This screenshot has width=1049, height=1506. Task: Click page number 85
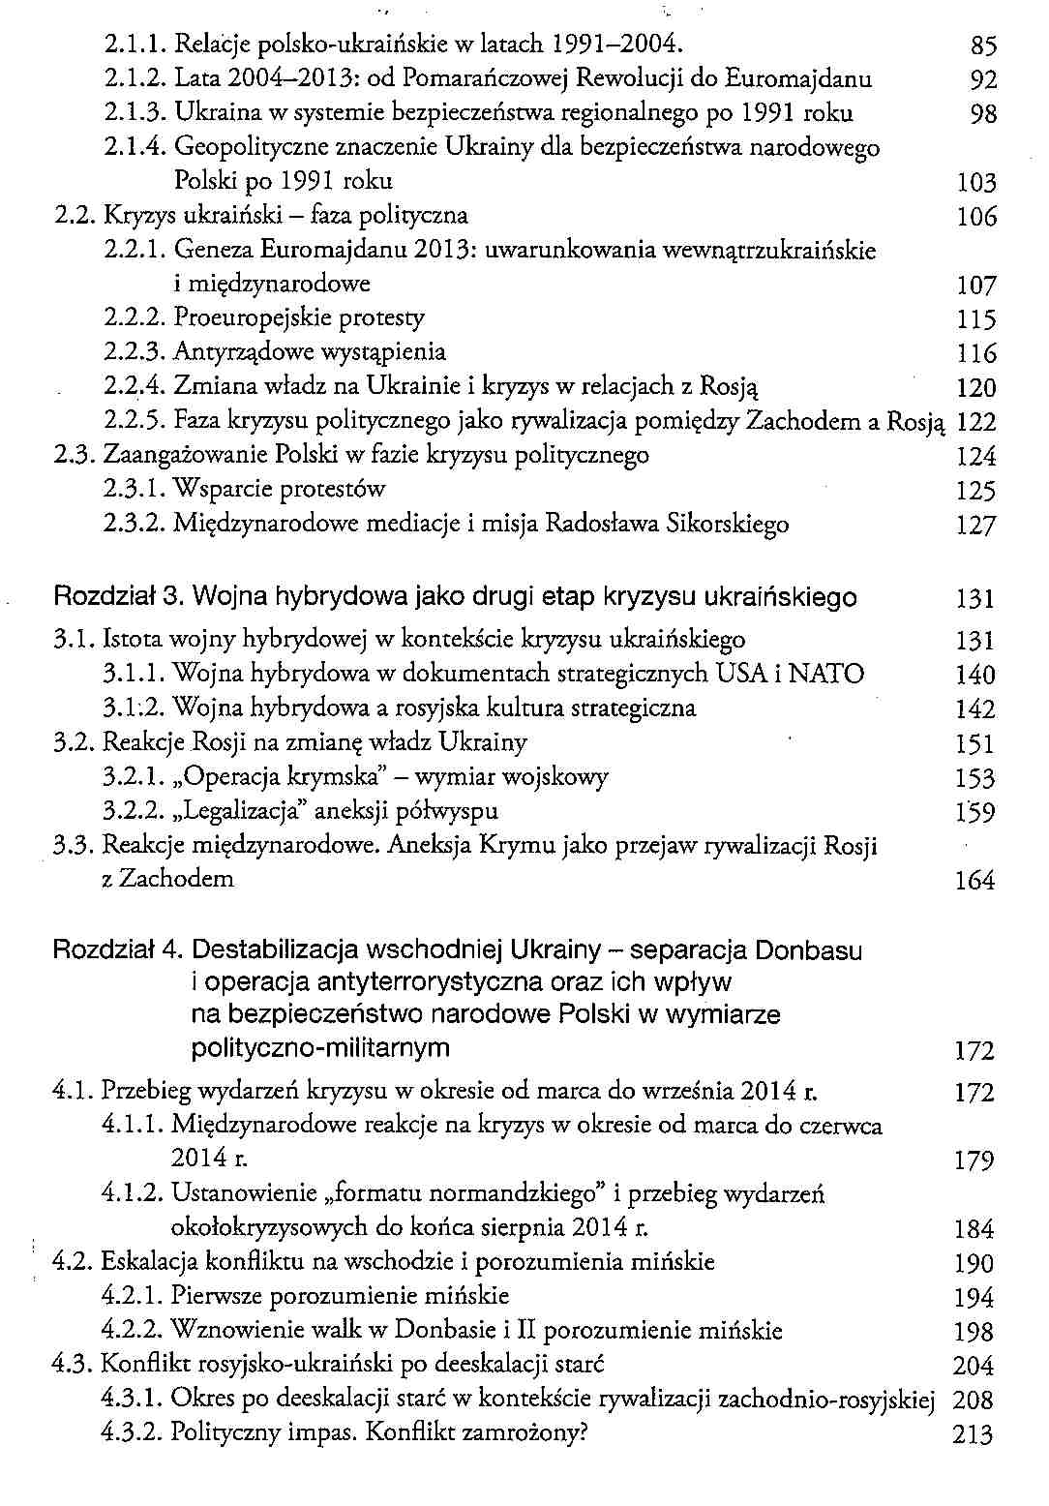click(982, 45)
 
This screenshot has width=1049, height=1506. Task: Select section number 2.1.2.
click(135, 79)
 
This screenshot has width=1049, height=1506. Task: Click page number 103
click(975, 183)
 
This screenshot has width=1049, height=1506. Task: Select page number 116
click(975, 353)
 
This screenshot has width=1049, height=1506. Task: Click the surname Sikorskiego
click(729, 525)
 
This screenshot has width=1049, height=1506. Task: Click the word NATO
click(826, 674)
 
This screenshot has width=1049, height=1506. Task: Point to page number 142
click(974, 709)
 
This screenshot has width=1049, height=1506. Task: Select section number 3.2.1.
click(135, 777)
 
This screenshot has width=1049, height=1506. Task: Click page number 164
click(974, 881)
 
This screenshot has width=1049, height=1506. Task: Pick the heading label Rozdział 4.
click(118, 950)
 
